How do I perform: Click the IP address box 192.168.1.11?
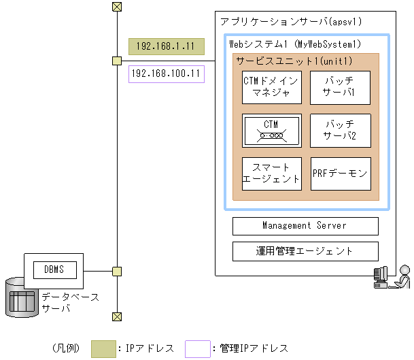tap(166, 46)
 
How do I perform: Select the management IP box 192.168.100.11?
tap(166, 73)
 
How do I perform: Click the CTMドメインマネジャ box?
tap(271, 87)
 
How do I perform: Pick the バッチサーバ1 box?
tap(340, 87)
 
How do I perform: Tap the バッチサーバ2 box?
tap(340, 130)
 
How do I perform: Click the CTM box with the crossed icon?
tap(271, 130)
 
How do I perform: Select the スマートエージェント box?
tap(271, 174)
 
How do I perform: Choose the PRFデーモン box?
tap(340, 174)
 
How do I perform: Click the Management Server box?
tap(305, 226)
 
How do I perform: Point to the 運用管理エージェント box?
tap(305, 251)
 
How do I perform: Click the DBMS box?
tap(54, 269)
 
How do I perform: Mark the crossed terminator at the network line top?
tap(117, 7)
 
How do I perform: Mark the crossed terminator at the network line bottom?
tap(117, 316)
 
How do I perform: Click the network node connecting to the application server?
tap(117, 61)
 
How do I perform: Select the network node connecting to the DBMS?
tap(117, 271)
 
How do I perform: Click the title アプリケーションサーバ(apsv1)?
tap(291, 22)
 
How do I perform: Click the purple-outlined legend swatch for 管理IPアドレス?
tap(197, 348)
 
